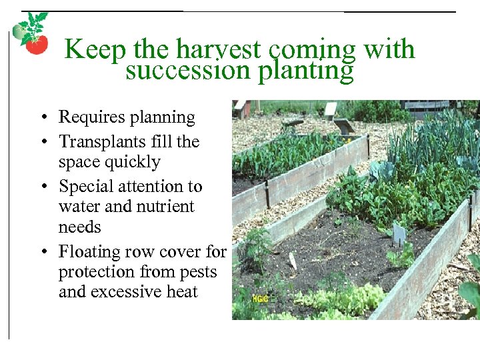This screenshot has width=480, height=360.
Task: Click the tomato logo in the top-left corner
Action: pyautogui.click(x=31, y=34)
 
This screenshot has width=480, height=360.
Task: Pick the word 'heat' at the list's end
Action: pyautogui.click(x=182, y=292)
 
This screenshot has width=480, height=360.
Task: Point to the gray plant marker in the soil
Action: pyautogui.click(x=399, y=233)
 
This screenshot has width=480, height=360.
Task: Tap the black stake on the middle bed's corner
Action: pyautogui.click(x=267, y=194)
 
